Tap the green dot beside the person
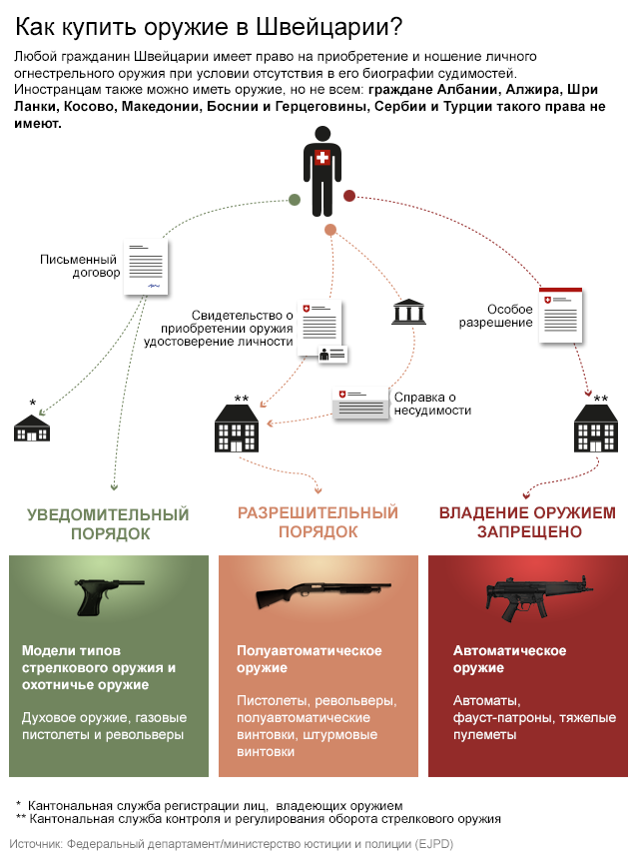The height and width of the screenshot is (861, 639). pos(295,200)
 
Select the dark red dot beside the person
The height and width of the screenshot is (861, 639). pos(349,196)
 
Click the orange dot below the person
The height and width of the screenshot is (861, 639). pos(330,231)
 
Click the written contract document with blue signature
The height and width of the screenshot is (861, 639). pos(146,268)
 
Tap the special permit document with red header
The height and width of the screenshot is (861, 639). pos(561,317)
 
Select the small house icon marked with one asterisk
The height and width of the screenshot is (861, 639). pos(32,428)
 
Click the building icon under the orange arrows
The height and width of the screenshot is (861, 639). pos(237,430)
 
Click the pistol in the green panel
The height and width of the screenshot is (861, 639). pos(107,596)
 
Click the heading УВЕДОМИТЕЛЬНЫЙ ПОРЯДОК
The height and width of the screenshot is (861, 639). pos(108,523)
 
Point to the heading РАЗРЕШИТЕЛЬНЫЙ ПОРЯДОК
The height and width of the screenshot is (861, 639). pos(318,522)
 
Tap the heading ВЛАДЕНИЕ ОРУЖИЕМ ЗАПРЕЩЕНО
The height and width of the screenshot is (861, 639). pos(527,522)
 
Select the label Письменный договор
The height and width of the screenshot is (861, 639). pos(80,265)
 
